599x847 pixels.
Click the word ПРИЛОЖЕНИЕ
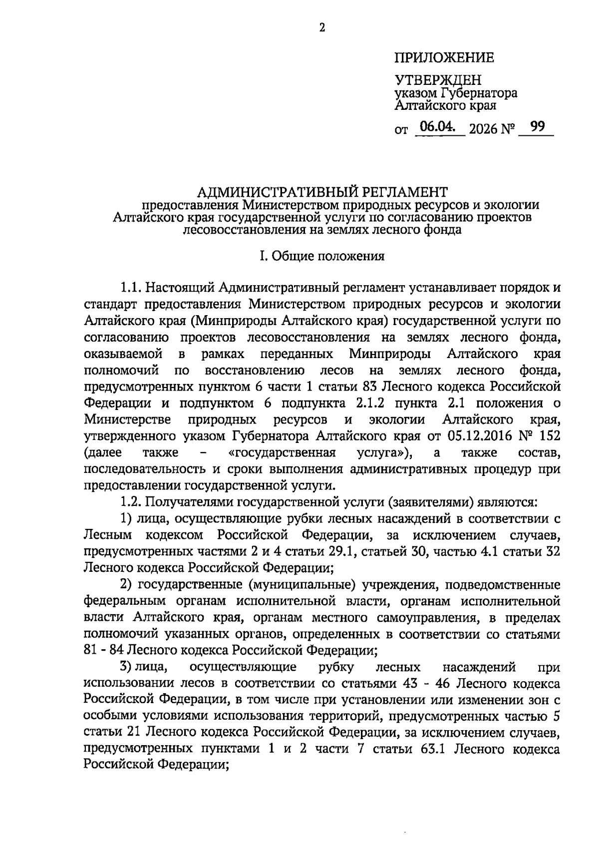[444, 58]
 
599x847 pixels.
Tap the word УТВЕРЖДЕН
[438, 80]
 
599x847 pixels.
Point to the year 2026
[484, 129]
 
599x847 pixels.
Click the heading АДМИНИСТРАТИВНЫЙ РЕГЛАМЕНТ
[322, 192]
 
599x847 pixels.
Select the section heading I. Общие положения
[322, 256]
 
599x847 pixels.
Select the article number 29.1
[338, 552]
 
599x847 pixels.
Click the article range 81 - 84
[104, 650]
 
